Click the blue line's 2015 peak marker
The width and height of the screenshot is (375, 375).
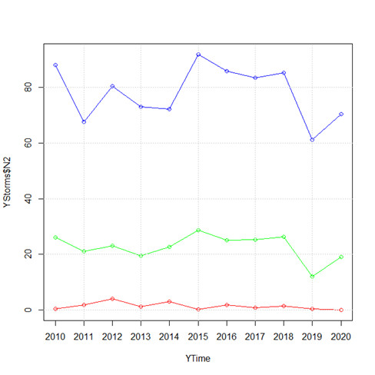198,55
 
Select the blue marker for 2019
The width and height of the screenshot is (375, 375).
312,140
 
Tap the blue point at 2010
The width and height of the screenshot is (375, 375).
55,65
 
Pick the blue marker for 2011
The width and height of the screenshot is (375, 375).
84,122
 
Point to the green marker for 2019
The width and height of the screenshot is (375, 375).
312,277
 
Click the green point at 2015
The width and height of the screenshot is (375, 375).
198,230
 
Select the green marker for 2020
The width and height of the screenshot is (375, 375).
341,257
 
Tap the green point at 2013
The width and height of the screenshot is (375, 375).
141,256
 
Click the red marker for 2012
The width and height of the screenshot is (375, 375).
112,299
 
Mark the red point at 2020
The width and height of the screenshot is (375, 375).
341,310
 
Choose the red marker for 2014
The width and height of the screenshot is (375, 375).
169,302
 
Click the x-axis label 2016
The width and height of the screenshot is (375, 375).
227,337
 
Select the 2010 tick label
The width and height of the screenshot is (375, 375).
55,337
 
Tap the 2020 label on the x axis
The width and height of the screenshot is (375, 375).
340,337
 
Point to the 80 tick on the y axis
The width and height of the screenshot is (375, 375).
28,88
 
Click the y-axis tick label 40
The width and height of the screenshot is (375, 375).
28,198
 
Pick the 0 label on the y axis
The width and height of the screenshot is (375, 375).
28,310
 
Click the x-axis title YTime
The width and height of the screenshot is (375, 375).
197,358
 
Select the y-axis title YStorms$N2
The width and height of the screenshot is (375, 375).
7,182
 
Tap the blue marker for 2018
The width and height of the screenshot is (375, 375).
284,73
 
